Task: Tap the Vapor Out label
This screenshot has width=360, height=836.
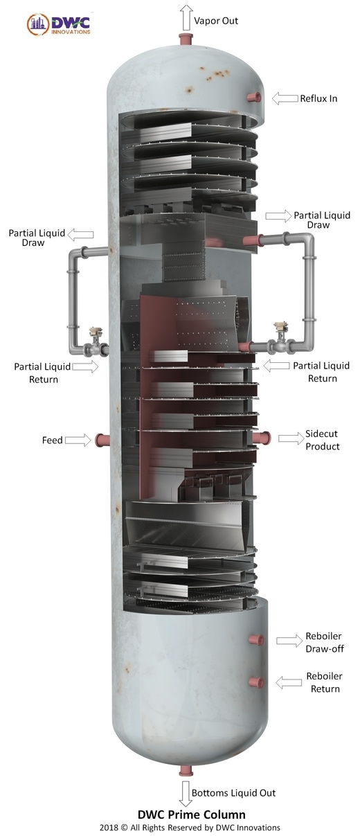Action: pyautogui.click(x=215, y=21)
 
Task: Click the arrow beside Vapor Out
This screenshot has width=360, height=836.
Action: pyautogui.click(x=186, y=17)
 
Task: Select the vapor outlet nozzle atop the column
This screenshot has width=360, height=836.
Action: pyautogui.click(x=186, y=39)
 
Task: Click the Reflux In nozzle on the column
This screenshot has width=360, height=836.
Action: pyautogui.click(x=254, y=98)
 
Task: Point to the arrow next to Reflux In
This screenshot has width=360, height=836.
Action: pyautogui.click(x=285, y=98)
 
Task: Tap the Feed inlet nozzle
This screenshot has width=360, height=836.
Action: pyautogui.click(x=102, y=440)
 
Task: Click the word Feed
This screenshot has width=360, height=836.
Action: pyautogui.click(x=52, y=441)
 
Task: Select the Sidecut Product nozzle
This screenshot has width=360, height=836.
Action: pyautogui.click(x=262, y=438)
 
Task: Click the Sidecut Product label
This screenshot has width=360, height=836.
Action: pyautogui.click(x=323, y=440)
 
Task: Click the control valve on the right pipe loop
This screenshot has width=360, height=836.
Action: pyautogui.click(x=281, y=338)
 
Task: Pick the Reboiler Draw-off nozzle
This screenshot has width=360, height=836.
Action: pyautogui.click(x=257, y=639)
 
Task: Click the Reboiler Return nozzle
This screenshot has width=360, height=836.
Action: pyautogui.click(x=257, y=682)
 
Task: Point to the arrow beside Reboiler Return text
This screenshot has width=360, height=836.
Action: pyautogui.click(x=289, y=683)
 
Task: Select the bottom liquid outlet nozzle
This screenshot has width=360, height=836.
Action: pyautogui.click(x=186, y=770)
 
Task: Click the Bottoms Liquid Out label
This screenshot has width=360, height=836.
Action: pyautogui.click(x=233, y=792)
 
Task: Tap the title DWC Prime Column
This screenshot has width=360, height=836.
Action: pyautogui.click(x=191, y=815)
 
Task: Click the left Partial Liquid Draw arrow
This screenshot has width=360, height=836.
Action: pyautogui.click(x=80, y=235)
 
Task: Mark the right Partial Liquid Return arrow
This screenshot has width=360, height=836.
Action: pyautogui.click(x=276, y=366)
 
